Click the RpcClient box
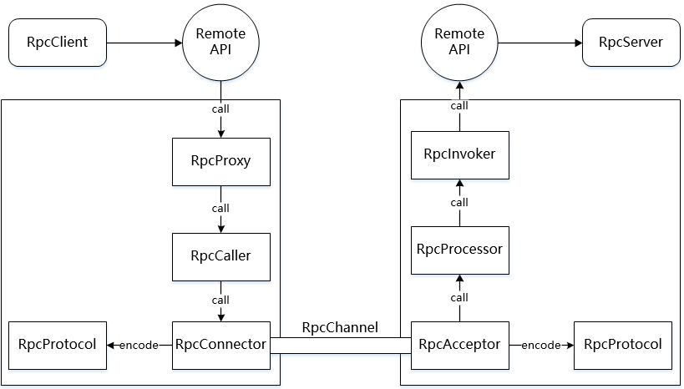(58, 41)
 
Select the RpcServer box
(631, 41)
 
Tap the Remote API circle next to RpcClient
(220, 41)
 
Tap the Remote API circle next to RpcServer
(459, 41)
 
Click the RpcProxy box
(220, 162)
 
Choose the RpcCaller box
(220, 255)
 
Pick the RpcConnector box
(220, 344)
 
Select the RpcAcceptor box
(459, 344)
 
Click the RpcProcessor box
(459, 249)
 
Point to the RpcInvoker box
(459, 154)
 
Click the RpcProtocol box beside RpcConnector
(58, 344)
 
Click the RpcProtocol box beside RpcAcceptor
(622, 344)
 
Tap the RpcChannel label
(340, 326)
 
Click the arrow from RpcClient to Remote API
(146, 41)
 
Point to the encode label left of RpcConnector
(139, 345)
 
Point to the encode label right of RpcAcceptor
(541, 345)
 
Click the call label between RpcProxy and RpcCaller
(220, 208)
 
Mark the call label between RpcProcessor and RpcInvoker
(459, 202)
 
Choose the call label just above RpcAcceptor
(459, 297)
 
